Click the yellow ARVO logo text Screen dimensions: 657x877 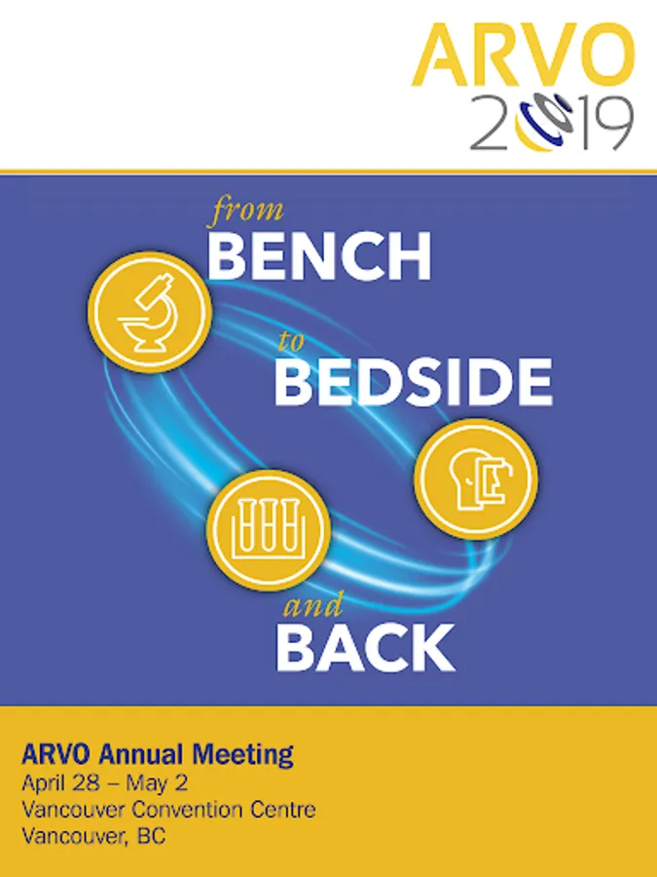point(524,55)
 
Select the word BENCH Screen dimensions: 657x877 point(319,255)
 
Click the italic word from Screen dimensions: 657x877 point(246,211)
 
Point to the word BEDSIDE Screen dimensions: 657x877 point(414,382)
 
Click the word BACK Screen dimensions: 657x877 point(365,648)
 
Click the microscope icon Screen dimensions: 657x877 point(150,312)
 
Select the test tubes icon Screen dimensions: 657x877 point(269,530)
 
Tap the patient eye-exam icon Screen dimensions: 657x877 point(477,478)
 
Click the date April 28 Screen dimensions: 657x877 point(61,784)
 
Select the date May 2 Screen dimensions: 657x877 point(157,784)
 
